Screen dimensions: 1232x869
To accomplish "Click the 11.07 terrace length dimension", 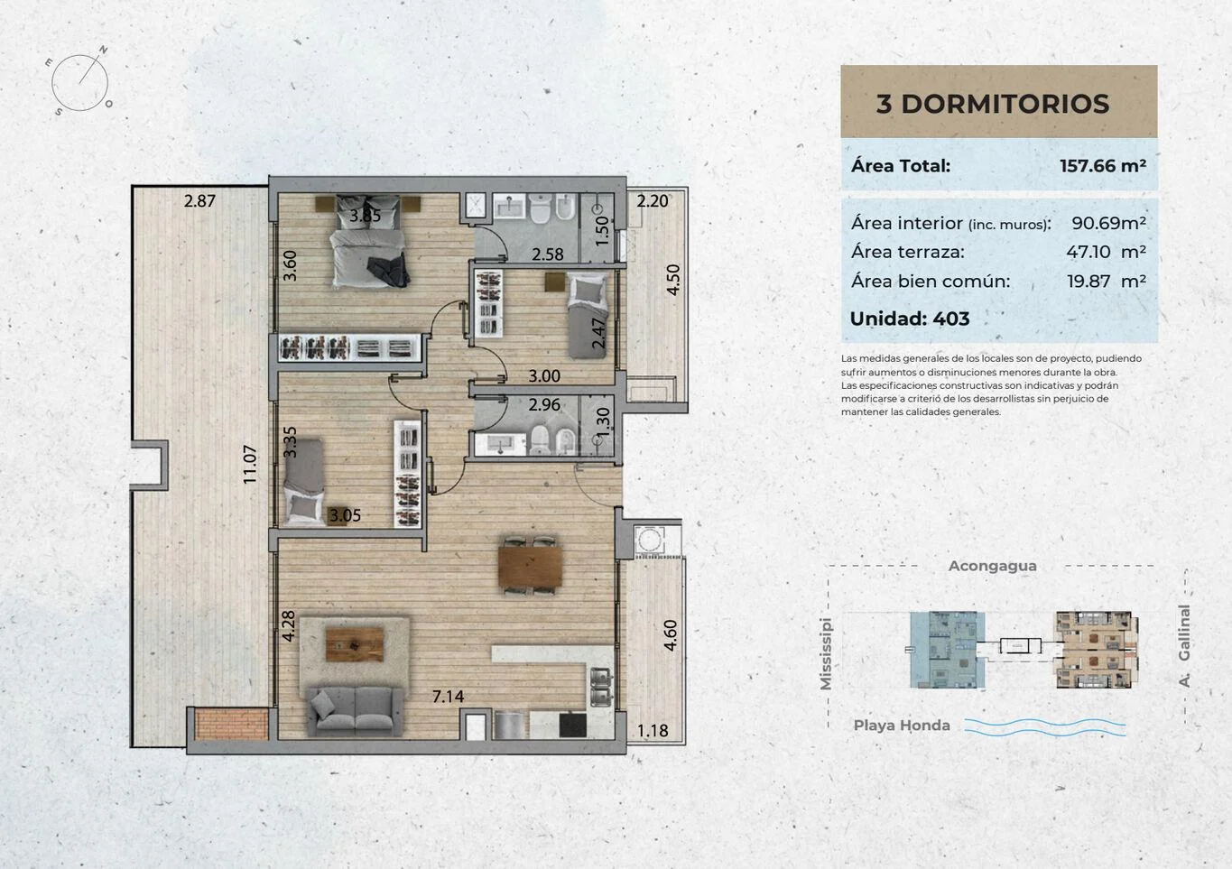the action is pyautogui.click(x=250, y=465).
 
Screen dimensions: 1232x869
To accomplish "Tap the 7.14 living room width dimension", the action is pyautogui.click(x=448, y=697).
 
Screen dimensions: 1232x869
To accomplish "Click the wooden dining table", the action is pyautogui.click(x=530, y=567).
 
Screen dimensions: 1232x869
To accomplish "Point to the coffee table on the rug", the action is pyautogui.click(x=355, y=644).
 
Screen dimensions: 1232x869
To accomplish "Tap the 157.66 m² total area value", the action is pyautogui.click(x=1103, y=165).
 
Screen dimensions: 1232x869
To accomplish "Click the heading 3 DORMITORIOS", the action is pyautogui.click(x=993, y=104).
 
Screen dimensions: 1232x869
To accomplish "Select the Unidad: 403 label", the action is pyautogui.click(x=910, y=319).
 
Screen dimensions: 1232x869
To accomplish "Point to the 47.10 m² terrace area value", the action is pyautogui.click(x=1106, y=252).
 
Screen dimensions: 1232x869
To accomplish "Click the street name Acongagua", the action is pyautogui.click(x=992, y=566).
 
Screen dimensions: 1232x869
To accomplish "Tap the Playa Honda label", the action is pyautogui.click(x=902, y=726).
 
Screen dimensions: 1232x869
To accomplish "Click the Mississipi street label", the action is pyautogui.click(x=826, y=653).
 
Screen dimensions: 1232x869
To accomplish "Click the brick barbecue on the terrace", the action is pyautogui.click(x=232, y=725).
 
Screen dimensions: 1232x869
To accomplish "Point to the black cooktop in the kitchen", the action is pyautogui.click(x=572, y=726).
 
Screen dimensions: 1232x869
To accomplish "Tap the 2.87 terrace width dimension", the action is pyautogui.click(x=199, y=200).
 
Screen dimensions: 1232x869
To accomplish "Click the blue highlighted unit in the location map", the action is pyautogui.click(x=947, y=650).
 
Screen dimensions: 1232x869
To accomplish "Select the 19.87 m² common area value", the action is pyautogui.click(x=1106, y=281).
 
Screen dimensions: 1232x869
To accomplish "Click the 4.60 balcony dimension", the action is pyautogui.click(x=671, y=635).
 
